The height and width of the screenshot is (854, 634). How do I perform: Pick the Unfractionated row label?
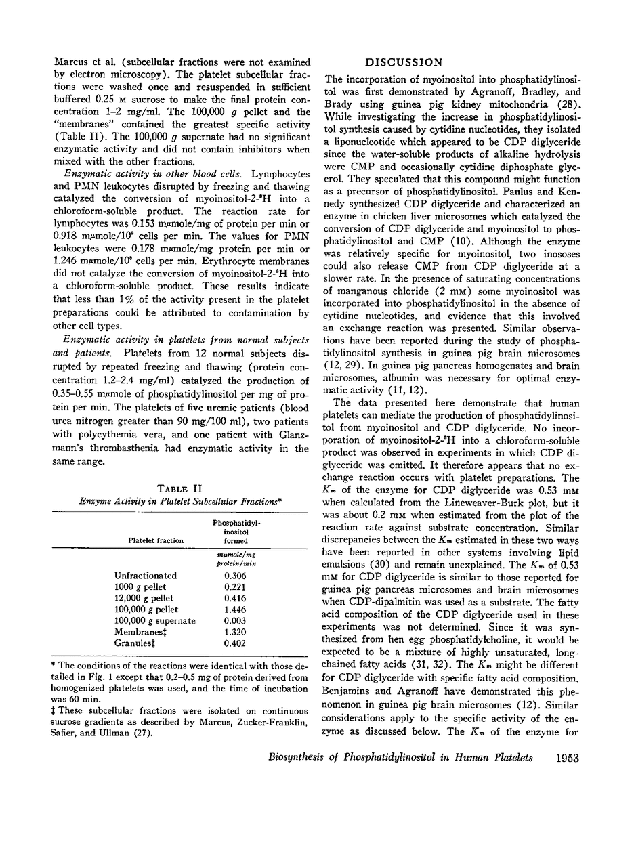146,576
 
